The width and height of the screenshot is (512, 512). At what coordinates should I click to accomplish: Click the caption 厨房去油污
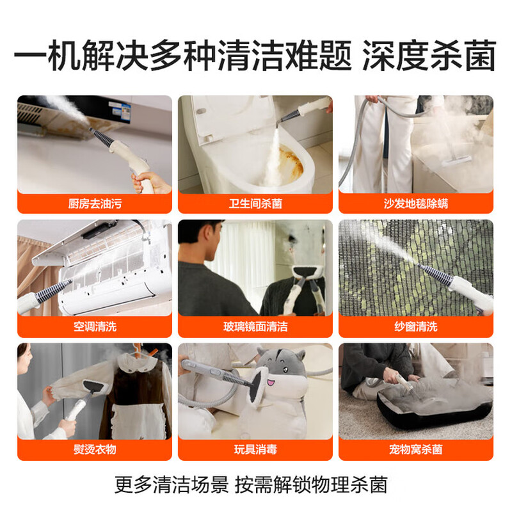94,204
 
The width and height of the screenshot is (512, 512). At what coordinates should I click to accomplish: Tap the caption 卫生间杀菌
255,204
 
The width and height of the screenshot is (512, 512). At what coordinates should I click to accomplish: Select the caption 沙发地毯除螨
416,204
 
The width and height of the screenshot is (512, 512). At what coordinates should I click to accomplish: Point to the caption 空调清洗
94,326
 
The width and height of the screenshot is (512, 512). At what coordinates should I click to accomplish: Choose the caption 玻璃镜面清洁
255,326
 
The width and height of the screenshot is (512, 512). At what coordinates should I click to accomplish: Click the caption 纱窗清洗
416,326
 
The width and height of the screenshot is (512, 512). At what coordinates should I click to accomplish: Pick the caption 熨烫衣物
94,450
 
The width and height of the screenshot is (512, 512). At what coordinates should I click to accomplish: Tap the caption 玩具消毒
255,450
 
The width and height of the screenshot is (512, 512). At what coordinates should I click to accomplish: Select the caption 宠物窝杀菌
416,450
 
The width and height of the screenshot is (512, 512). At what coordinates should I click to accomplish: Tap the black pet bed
422,410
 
